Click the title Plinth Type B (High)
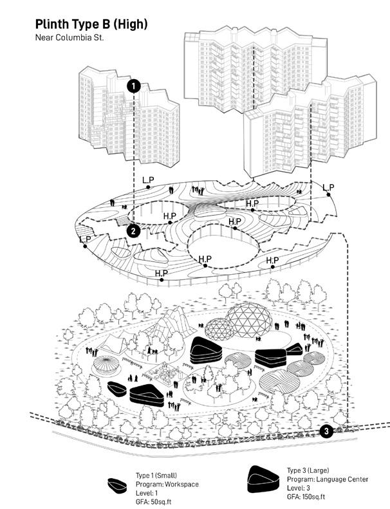pyautogui.click(x=91, y=24)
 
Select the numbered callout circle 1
pyautogui.click(x=133, y=86)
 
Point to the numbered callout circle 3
pyautogui.click(x=326, y=431)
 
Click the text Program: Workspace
pyautogui.click(x=167, y=484)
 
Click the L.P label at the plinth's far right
pyautogui.click(x=328, y=188)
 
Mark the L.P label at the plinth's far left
pyautogui.click(x=84, y=239)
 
